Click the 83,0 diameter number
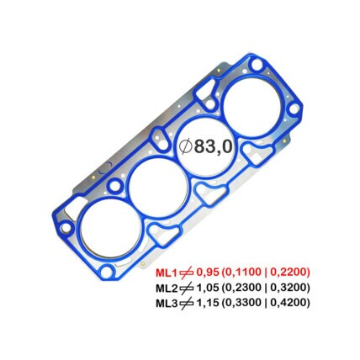pyautogui.click(x=214, y=146)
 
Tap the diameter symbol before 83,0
pyautogui.click(x=185, y=146)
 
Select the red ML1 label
pyautogui.click(x=167, y=273)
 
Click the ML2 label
pyautogui.click(x=167, y=288)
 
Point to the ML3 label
pyautogui.click(x=167, y=303)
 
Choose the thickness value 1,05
pyautogui.click(x=208, y=288)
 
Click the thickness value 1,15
pyautogui.click(x=208, y=303)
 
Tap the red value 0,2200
pyautogui.click(x=288, y=273)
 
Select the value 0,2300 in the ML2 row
pyautogui.click(x=243, y=288)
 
